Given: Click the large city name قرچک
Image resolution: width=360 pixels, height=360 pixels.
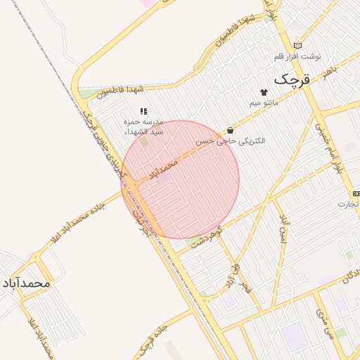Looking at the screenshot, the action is click(291, 79).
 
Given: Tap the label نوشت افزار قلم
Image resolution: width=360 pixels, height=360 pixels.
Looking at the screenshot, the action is click(297, 56).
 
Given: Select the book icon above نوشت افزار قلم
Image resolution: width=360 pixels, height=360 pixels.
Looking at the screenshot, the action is click(297, 46).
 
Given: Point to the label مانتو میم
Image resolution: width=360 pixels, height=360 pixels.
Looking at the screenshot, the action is click(264, 103).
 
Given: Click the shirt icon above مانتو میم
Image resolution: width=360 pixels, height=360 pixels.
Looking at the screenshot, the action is click(264, 93).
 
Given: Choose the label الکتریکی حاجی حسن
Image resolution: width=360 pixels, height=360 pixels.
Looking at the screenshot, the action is click(231, 141).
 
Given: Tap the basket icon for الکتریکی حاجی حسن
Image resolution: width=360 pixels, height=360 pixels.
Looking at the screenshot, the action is click(231, 130).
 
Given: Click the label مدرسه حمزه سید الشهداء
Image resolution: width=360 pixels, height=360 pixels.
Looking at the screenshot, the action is click(143, 127).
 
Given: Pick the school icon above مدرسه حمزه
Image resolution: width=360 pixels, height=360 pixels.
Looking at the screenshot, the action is click(143, 111).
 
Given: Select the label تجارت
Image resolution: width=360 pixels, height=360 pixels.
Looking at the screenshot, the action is click(347, 204).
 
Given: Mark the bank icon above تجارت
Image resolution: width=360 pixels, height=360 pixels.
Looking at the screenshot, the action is click(356, 193).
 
